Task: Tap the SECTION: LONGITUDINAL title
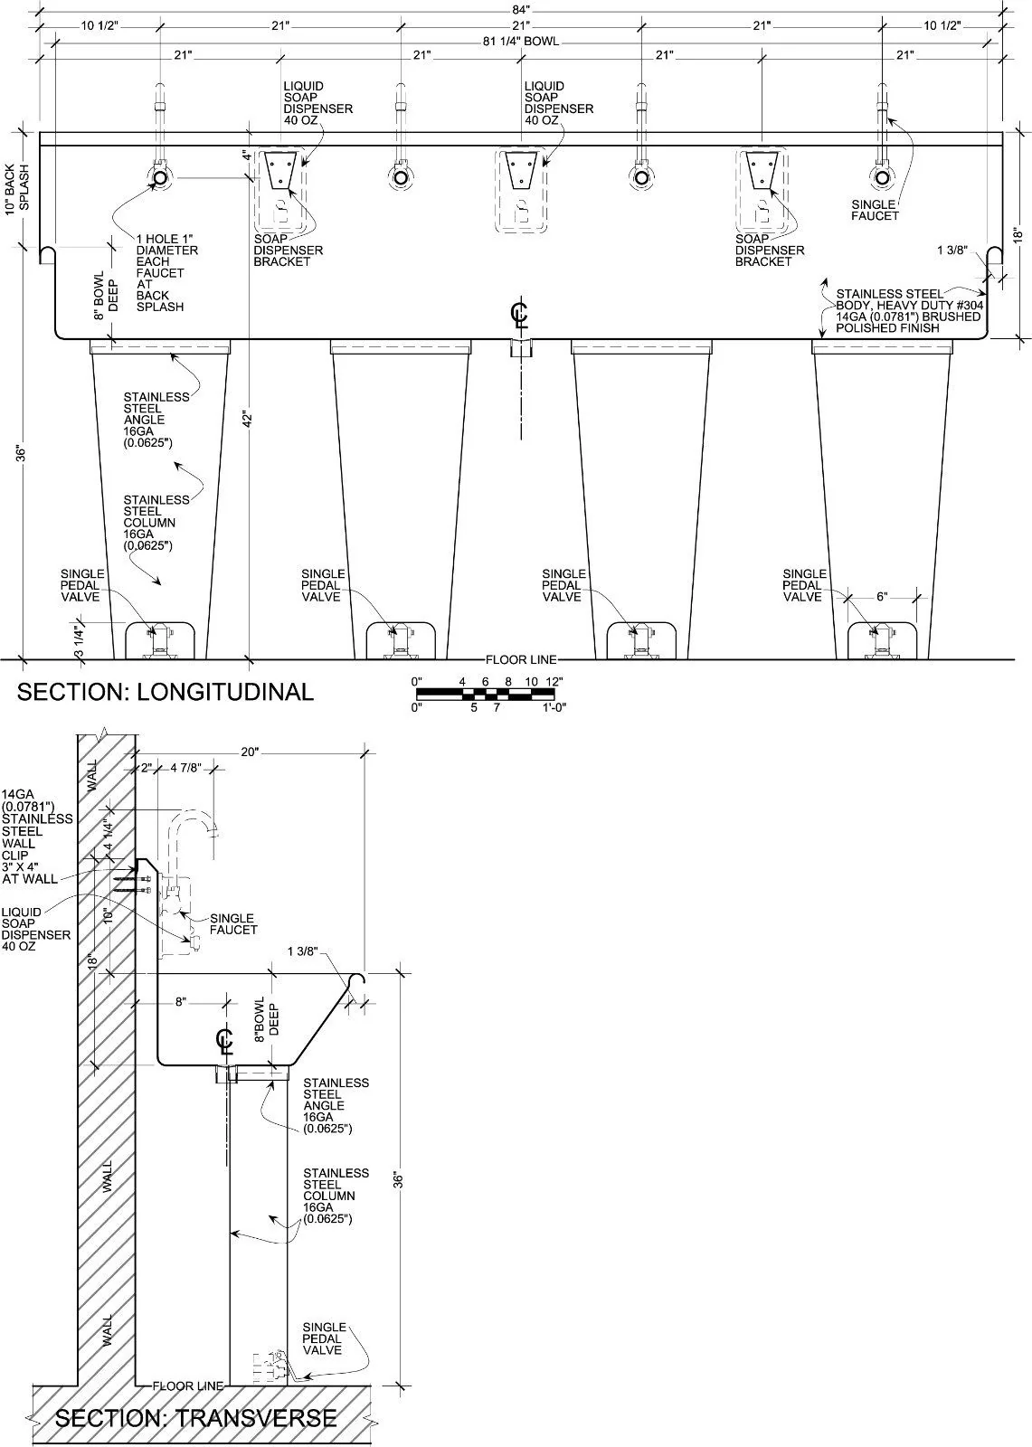[166, 692]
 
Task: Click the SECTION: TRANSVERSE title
[196, 1417]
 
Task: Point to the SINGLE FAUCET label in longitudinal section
[875, 211]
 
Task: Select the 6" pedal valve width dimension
[882, 597]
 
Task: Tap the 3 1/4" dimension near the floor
[80, 638]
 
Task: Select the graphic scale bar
[489, 694]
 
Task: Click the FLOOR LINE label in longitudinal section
[521, 659]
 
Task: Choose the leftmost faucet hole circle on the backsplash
[160, 178]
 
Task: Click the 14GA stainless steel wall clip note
[36, 837]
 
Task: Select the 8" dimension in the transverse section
[180, 1002]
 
